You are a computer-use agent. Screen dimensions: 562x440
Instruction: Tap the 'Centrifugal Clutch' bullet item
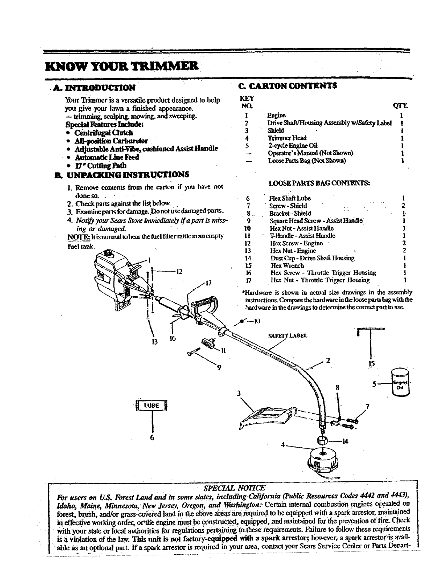coord(104,133)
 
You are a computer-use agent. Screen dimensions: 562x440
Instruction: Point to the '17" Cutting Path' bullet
coord(100,165)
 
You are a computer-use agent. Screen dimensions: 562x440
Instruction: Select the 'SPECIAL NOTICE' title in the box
coord(234,488)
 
